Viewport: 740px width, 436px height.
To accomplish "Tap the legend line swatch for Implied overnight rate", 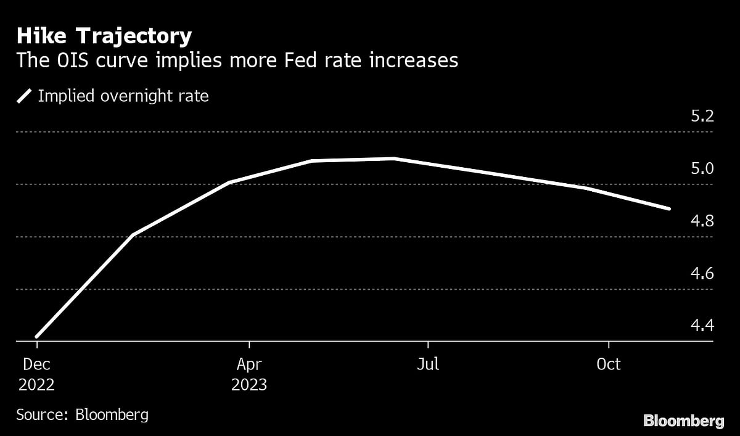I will pyautogui.click(x=25, y=96).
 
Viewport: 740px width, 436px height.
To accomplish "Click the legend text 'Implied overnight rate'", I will pyautogui.click(x=123, y=96).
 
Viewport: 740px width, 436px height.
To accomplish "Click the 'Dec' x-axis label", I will pyautogui.click(x=36, y=364).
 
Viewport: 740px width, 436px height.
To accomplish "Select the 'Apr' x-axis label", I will pyautogui.click(x=249, y=364).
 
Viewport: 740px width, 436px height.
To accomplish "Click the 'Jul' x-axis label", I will pyautogui.click(x=427, y=364).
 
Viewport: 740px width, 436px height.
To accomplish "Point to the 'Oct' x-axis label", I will pyautogui.click(x=609, y=364).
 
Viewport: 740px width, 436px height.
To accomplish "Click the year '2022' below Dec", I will pyautogui.click(x=36, y=385).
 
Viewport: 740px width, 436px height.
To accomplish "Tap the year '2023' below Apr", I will pyautogui.click(x=249, y=385).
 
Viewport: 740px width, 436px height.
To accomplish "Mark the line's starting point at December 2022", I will pyautogui.click(x=37, y=336).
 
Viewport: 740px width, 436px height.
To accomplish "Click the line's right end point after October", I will pyautogui.click(x=669, y=208).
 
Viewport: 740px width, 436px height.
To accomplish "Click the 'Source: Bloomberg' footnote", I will pyautogui.click(x=82, y=414).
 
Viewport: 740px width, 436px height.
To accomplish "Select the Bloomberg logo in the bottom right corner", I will pyautogui.click(x=683, y=421).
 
